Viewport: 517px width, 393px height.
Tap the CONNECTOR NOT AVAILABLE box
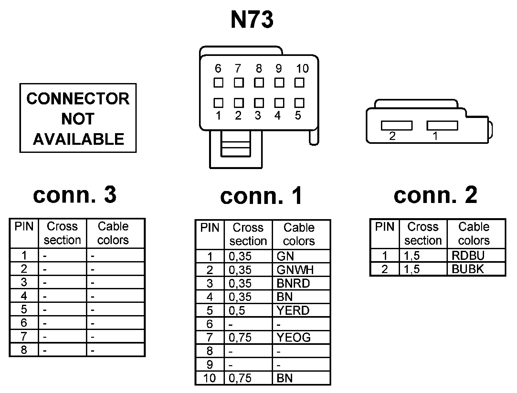[x=78, y=118]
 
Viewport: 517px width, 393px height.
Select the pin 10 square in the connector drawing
[x=300, y=83]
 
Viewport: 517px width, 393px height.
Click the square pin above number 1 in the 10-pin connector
[x=218, y=103]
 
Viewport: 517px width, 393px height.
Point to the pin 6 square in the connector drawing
[x=218, y=83]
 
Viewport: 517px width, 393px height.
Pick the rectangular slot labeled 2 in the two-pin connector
[x=396, y=125]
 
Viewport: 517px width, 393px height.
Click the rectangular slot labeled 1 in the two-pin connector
[x=442, y=125]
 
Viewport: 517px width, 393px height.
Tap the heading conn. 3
[x=75, y=195]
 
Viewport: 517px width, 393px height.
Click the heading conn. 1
[x=261, y=196]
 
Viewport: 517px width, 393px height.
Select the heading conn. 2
[x=435, y=195]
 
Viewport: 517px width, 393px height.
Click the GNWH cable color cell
[x=301, y=270]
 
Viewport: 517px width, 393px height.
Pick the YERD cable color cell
[x=301, y=310]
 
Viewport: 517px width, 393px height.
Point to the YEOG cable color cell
[x=301, y=337]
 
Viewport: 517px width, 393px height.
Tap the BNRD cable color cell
[x=301, y=283]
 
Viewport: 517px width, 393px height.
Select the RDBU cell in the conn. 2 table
[x=476, y=255]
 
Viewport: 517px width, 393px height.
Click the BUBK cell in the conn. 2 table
[x=476, y=269]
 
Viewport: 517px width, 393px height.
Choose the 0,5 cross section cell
[x=248, y=310]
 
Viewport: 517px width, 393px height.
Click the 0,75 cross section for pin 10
[x=248, y=378]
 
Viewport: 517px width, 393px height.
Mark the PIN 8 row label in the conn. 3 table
[x=24, y=350]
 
